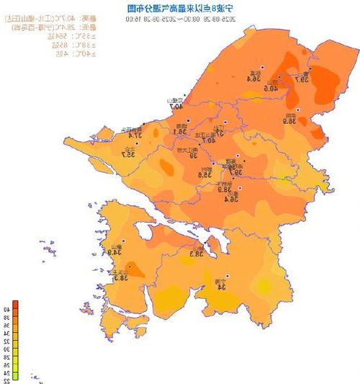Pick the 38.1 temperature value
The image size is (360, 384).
179,132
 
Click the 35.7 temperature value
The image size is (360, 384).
128,153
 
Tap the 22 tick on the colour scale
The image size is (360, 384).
6,380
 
